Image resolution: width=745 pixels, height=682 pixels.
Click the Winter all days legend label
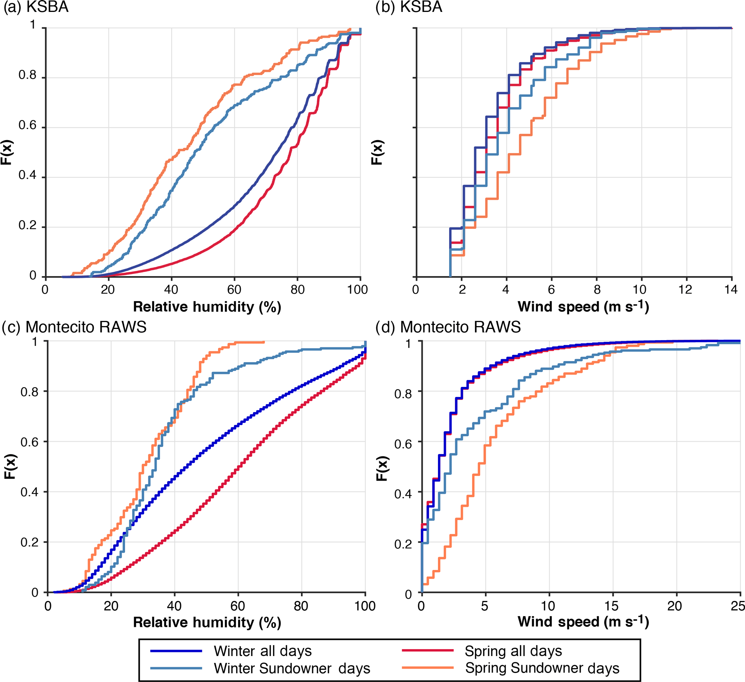coord(262,651)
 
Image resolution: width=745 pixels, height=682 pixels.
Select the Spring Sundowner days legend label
coord(542,668)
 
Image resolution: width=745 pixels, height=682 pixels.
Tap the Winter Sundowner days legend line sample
coord(176,668)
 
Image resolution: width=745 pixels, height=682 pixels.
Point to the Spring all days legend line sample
coord(427,650)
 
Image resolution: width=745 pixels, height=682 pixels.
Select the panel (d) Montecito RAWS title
coord(448,327)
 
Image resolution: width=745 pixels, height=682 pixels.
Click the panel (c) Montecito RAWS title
coord(74,327)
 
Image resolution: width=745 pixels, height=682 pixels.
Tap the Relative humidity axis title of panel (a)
coord(207,307)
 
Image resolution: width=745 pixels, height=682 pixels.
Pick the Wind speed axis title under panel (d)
coord(583,621)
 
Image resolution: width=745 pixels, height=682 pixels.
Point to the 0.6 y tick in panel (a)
coord(28,125)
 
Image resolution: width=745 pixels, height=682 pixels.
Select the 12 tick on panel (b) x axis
coord(685,289)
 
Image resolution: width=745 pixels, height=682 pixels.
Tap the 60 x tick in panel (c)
coord(238,606)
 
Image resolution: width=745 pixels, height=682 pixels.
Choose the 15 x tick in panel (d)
coord(612,606)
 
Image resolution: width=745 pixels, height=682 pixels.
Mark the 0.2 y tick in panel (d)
coord(403,544)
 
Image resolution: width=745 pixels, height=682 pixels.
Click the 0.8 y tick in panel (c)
coord(30,392)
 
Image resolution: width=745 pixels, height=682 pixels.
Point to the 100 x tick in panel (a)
coord(357,289)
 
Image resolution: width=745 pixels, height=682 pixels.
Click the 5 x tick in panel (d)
coord(484,606)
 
